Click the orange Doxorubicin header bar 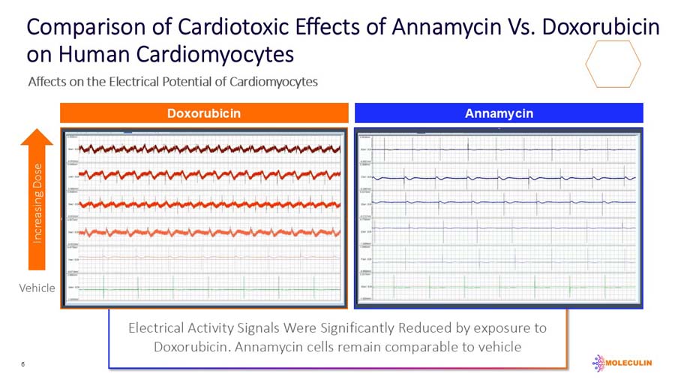pyautogui.click(x=204, y=113)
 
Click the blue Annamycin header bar pyautogui.click(x=499, y=113)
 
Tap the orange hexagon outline pyautogui.click(x=613, y=65)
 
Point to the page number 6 pyautogui.click(x=23, y=364)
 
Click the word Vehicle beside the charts pyautogui.click(x=37, y=288)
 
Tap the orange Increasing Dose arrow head pyautogui.click(x=37, y=137)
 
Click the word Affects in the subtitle pyautogui.click(x=46, y=81)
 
